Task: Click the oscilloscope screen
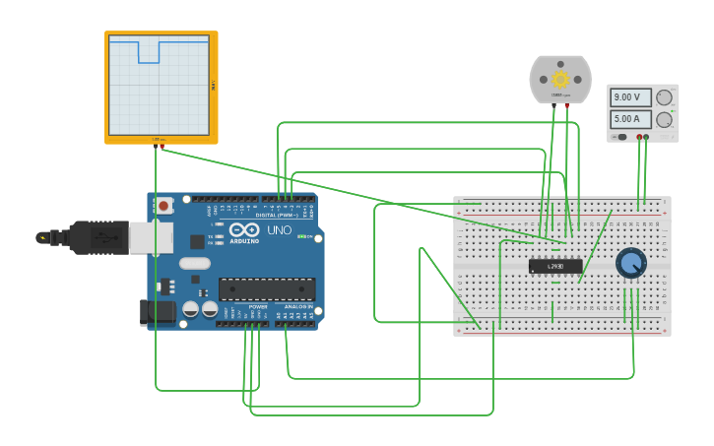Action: pyautogui.click(x=159, y=85)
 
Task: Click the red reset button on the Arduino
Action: pyautogui.click(x=163, y=207)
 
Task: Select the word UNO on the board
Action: pyautogui.click(x=280, y=229)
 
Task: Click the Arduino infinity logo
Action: pyautogui.click(x=243, y=230)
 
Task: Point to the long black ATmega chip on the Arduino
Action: pyautogui.click(x=267, y=288)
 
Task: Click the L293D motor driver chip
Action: pyautogui.click(x=555, y=266)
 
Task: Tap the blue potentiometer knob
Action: pyautogui.click(x=630, y=263)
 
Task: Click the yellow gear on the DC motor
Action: pyautogui.click(x=560, y=79)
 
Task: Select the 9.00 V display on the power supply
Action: pyautogui.click(x=629, y=97)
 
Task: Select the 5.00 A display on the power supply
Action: pyautogui.click(x=629, y=119)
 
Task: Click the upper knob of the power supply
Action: pyautogui.click(x=665, y=97)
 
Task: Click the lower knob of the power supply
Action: pyautogui.click(x=665, y=119)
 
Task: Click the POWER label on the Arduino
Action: pyautogui.click(x=257, y=306)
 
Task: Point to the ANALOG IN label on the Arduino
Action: pyautogui.click(x=298, y=306)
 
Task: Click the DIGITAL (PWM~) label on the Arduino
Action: pyautogui.click(x=279, y=215)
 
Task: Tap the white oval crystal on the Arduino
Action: pyautogui.click(x=195, y=263)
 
